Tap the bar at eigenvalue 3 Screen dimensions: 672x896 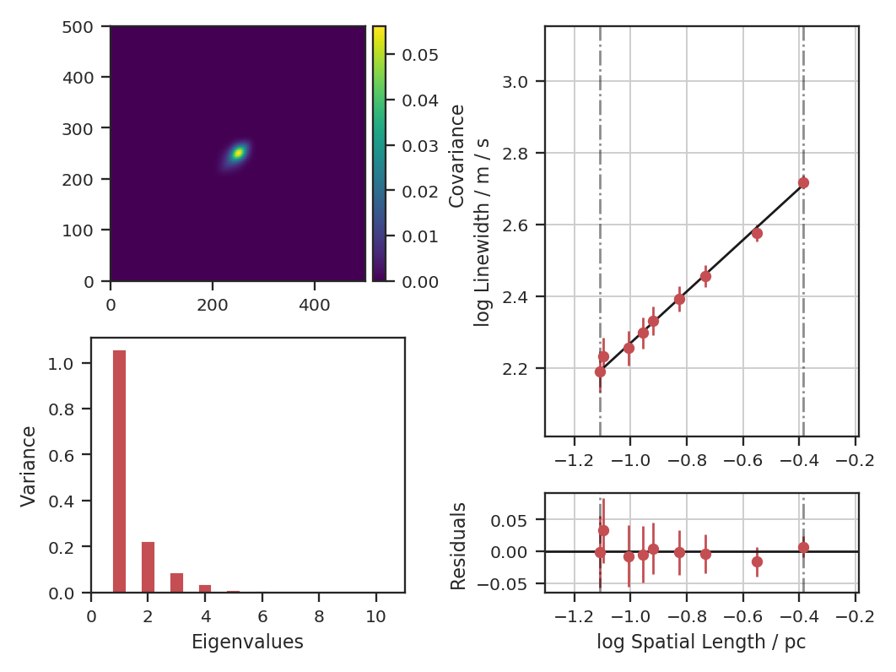pyautogui.click(x=176, y=583)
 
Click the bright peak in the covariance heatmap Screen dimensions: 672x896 pyautogui.click(x=239, y=153)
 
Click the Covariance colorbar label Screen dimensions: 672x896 pyautogui.click(x=456, y=156)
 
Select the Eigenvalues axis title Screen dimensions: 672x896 pyautogui.click(x=247, y=642)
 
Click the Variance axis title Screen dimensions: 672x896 pyautogui.click(x=30, y=466)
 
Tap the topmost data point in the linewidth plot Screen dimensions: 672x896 pyautogui.click(x=803, y=182)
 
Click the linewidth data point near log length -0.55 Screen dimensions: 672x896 pyautogui.click(x=757, y=233)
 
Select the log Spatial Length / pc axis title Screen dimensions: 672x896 pyautogui.click(x=701, y=642)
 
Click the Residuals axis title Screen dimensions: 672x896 pyautogui.click(x=458, y=545)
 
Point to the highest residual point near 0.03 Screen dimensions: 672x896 pyautogui.click(x=603, y=530)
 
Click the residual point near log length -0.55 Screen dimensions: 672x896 pyautogui.click(x=757, y=561)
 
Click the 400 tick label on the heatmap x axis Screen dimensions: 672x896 pyautogui.click(x=315, y=301)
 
